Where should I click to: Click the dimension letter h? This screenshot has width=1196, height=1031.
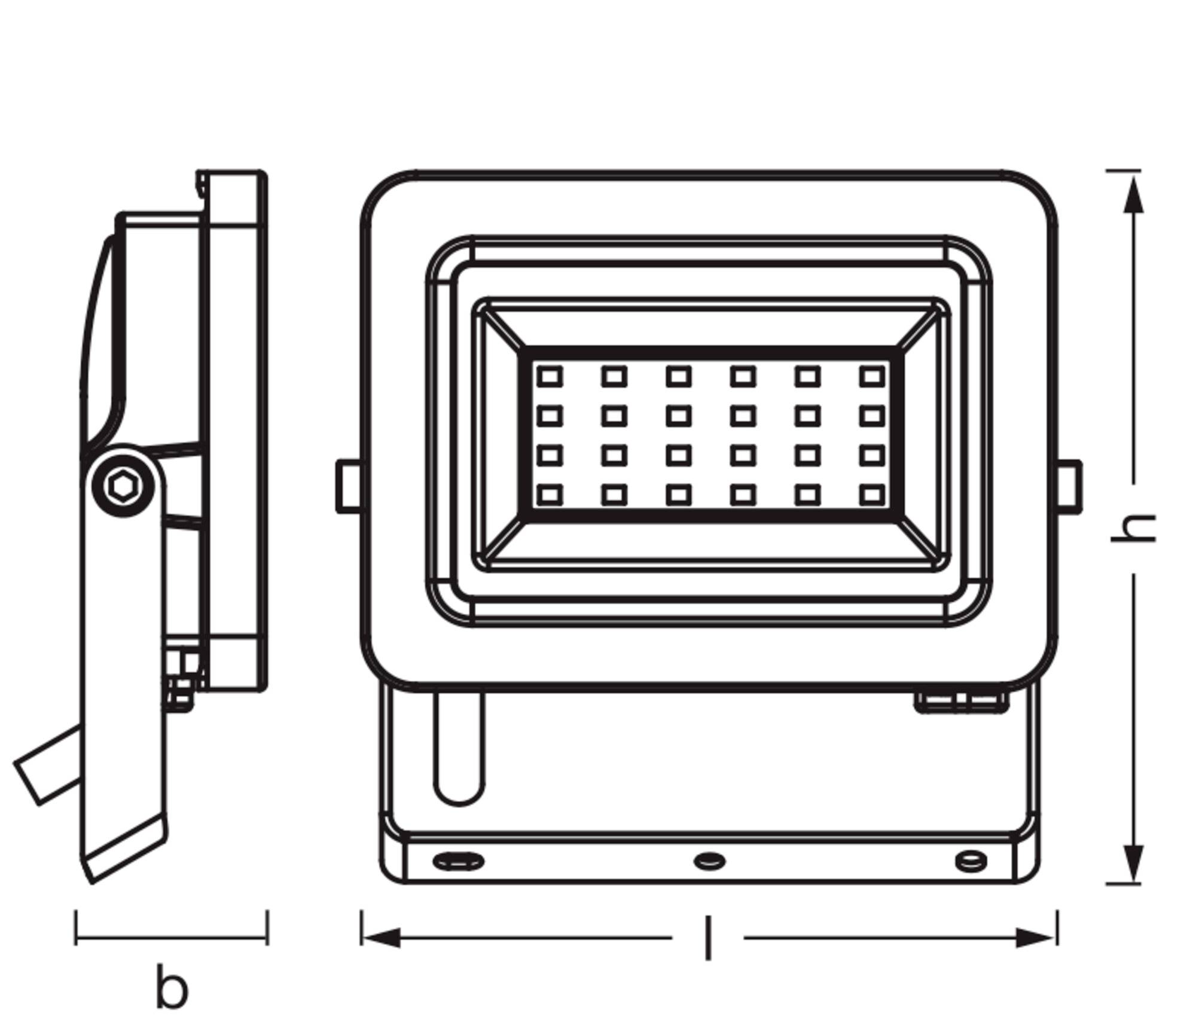(1133, 527)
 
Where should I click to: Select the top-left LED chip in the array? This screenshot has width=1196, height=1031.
(550, 377)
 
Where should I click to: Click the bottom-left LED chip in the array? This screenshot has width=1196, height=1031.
(550, 495)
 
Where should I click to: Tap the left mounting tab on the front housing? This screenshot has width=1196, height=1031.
(349, 486)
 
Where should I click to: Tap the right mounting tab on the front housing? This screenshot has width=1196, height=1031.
(1069, 486)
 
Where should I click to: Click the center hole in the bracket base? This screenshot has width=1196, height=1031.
(709, 862)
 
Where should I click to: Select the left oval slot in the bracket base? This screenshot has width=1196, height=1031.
(458, 862)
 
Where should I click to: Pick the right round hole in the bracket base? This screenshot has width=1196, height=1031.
(971, 862)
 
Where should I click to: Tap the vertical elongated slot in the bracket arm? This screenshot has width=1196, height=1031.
(459, 748)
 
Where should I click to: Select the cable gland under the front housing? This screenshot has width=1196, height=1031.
(961, 702)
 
